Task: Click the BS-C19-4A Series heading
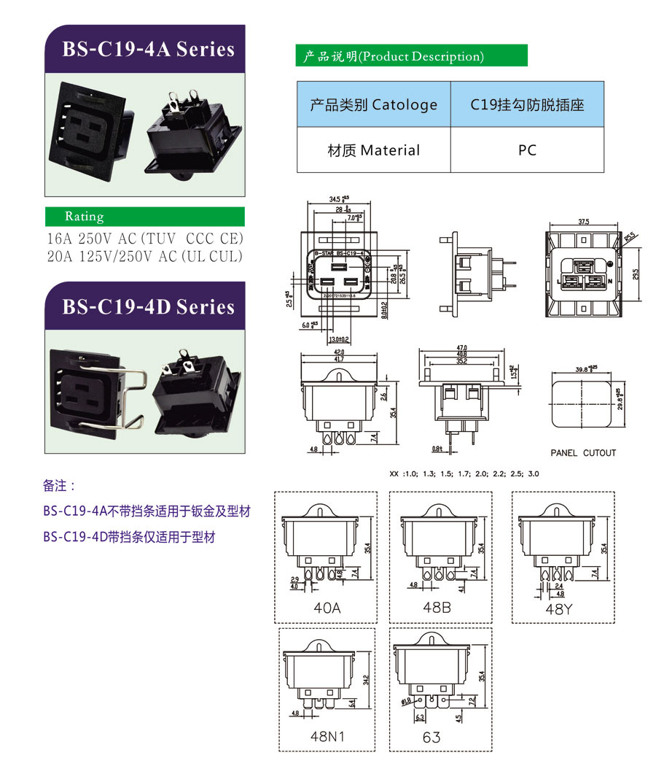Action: [148, 50]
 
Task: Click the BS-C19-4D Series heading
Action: [148, 306]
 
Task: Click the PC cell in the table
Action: [527, 150]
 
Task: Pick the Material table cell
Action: [373, 150]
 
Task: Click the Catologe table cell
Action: [373, 105]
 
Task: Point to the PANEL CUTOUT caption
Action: [583, 453]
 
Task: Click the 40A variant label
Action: [327, 607]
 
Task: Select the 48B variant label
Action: [437, 607]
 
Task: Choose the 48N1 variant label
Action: [327, 736]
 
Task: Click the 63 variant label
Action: [432, 737]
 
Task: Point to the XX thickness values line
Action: [464, 474]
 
